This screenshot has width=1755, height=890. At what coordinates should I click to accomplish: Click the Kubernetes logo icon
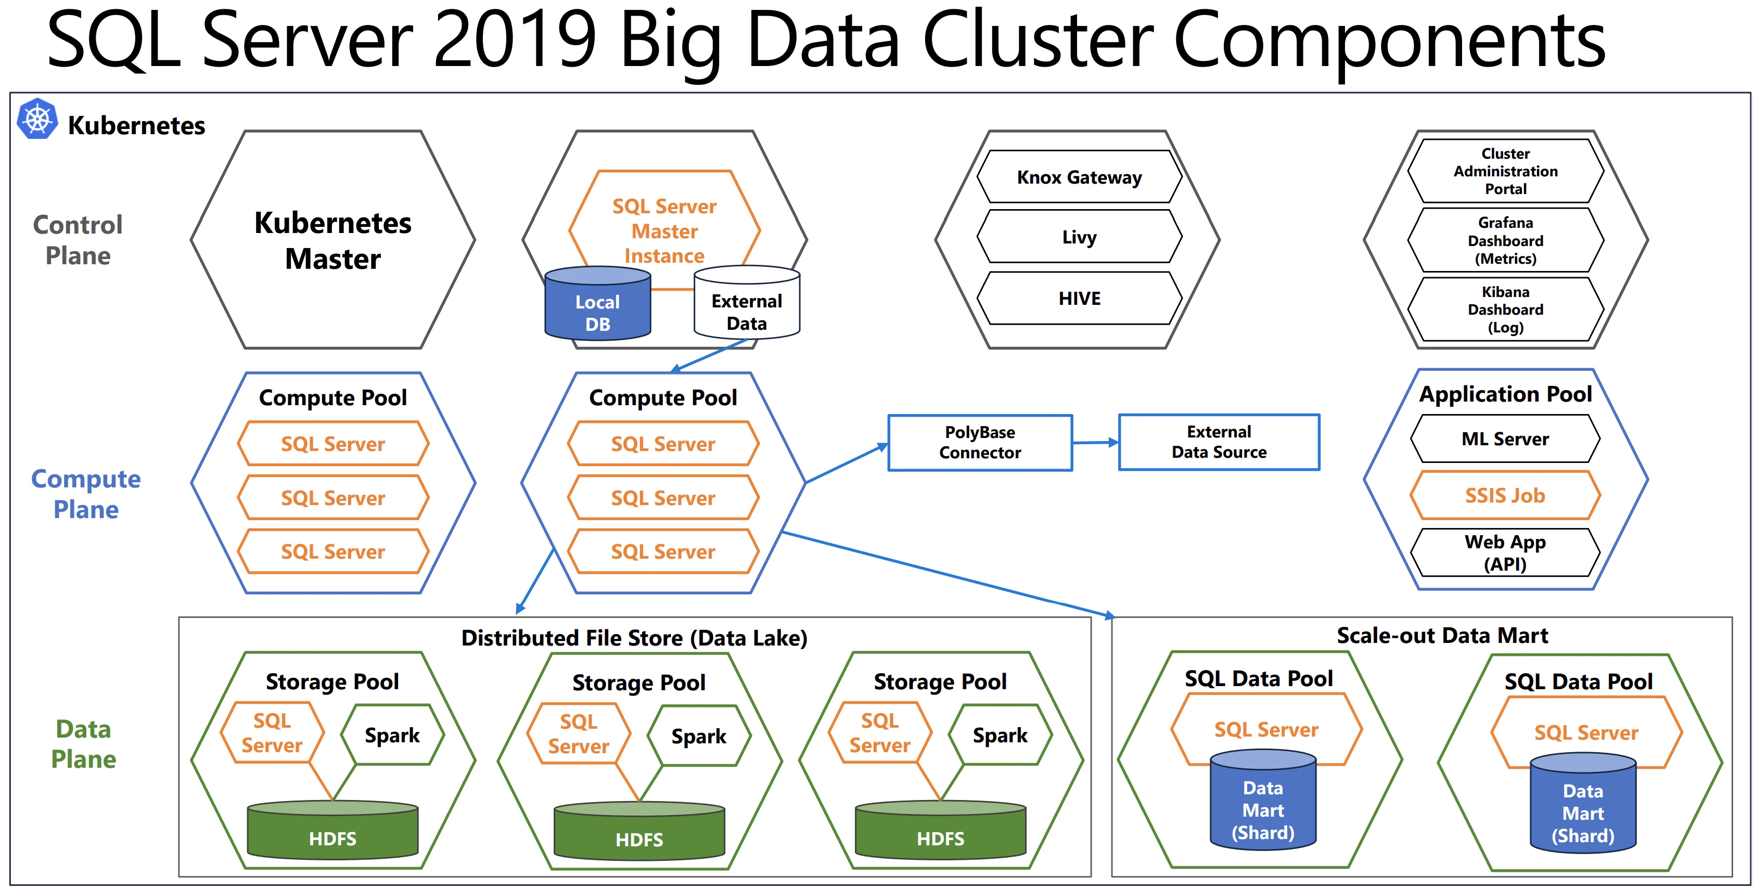[37, 120]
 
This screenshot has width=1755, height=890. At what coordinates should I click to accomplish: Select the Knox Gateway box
[1079, 177]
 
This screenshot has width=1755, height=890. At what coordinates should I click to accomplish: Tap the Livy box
[1079, 237]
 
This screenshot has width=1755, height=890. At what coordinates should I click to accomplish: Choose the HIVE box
[1079, 298]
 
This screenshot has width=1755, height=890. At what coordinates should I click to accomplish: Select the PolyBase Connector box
[980, 443]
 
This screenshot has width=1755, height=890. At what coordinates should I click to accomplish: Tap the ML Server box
[1504, 439]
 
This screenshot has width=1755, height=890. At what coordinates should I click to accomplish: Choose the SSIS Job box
[1504, 495]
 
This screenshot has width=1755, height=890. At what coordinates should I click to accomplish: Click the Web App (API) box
[1504, 552]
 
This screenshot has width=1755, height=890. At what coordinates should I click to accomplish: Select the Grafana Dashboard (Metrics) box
[1505, 240]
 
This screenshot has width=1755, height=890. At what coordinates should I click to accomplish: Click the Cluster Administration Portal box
[1505, 171]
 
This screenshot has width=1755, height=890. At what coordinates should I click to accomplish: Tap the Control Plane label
[78, 240]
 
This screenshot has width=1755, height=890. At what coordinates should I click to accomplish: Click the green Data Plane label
[83, 744]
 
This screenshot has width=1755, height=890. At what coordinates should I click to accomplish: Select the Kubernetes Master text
[332, 240]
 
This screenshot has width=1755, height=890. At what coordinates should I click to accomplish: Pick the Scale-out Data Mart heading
[1442, 635]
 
